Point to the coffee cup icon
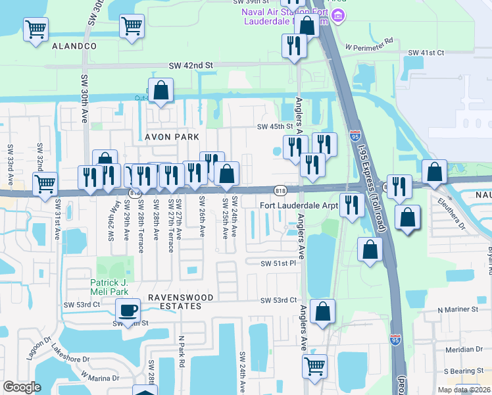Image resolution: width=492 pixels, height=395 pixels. tap(128, 309)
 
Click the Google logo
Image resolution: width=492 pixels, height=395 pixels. tap(22, 387)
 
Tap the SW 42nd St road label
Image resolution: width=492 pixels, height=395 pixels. tap(191, 66)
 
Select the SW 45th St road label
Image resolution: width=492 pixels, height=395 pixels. tap(274, 126)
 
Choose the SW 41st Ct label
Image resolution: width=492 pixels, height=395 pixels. tap(426, 52)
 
